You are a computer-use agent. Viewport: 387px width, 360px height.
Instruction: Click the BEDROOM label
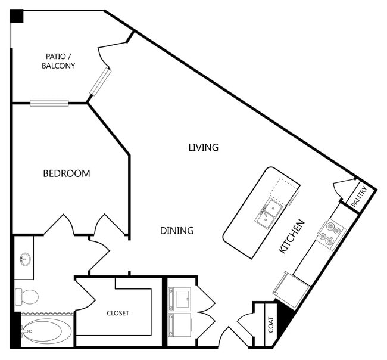[67, 173]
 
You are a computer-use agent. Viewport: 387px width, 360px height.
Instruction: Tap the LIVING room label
[204, 147]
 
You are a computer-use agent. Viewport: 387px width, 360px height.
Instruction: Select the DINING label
[177, 231]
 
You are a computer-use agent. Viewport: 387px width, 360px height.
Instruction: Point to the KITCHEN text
[292, 236]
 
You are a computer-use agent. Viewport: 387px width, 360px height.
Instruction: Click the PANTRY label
[360, 196]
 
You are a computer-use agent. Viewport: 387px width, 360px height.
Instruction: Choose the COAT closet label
[271, 325]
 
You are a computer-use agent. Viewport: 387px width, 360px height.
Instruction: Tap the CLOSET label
[118, 313]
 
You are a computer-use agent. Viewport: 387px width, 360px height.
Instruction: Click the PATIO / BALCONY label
[58, 61]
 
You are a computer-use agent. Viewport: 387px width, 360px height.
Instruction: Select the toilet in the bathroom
[27, 296]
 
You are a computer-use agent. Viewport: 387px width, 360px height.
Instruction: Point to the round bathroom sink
[25, 259]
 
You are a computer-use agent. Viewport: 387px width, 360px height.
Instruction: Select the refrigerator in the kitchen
[291, 290]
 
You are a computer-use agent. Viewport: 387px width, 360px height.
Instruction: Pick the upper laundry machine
[179, 299]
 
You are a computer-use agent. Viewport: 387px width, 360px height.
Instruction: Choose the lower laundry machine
[180, 325]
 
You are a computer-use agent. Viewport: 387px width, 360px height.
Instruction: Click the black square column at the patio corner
[17, 16]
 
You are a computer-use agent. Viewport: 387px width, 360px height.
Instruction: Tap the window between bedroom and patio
[49, 103]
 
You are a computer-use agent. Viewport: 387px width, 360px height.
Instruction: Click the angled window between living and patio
[100, 82]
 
